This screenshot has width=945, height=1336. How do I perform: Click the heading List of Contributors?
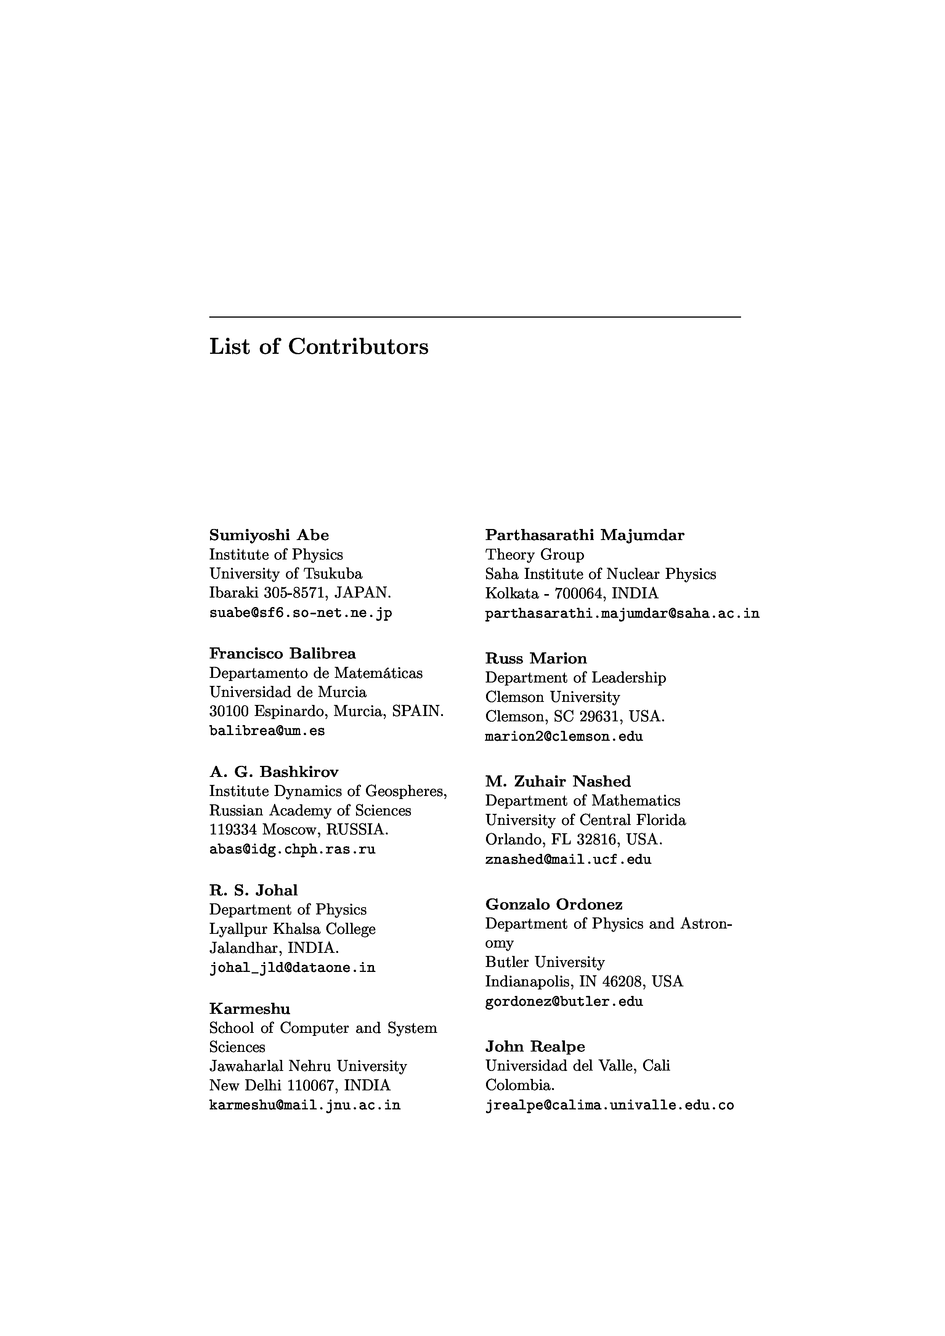(318, 347)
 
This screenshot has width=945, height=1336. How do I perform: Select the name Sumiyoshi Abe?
(269, 535)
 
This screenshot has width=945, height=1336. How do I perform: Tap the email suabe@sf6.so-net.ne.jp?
(300, 613)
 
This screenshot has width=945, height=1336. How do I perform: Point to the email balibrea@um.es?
(267, 731)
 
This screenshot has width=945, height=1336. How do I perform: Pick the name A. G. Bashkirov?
(274, 772)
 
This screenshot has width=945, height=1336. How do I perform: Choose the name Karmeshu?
(249, 1008)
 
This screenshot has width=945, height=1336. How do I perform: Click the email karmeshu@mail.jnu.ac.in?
(305, 1105)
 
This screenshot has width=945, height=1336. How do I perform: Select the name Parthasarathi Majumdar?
(585, 535)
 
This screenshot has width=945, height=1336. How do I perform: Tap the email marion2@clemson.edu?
(564, 737)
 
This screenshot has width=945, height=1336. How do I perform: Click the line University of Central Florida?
(585, 820)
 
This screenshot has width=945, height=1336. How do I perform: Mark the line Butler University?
(544, 962)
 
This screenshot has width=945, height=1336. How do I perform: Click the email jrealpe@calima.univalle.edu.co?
(609, 1105)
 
